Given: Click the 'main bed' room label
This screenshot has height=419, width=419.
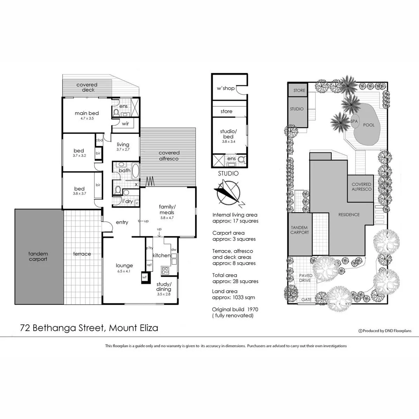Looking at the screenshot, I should point(87,113).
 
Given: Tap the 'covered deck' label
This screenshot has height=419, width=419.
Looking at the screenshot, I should point(87,87).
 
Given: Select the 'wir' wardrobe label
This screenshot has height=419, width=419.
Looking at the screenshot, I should point(125,124).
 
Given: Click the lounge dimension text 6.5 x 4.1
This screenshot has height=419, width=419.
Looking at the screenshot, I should point(125,272).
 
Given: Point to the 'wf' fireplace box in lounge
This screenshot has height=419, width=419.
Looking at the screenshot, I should point(144,277).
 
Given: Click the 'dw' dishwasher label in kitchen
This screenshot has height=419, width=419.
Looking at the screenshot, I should point(173,249).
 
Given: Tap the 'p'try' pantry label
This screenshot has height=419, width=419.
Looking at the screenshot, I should point(149,248).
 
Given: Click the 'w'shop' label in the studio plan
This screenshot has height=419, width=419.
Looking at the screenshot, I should point(225,88).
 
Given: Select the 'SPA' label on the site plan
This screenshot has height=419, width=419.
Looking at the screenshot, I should point(354,121).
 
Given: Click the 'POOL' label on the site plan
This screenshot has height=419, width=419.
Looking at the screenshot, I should point(369,125).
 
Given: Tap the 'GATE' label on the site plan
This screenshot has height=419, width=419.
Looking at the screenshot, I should point(306,300).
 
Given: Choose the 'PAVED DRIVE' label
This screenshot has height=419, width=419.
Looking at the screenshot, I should point(306,278).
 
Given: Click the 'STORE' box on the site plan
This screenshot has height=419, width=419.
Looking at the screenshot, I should point(299,90).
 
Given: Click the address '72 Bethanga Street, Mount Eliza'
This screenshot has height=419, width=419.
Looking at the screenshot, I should point(89,328).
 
